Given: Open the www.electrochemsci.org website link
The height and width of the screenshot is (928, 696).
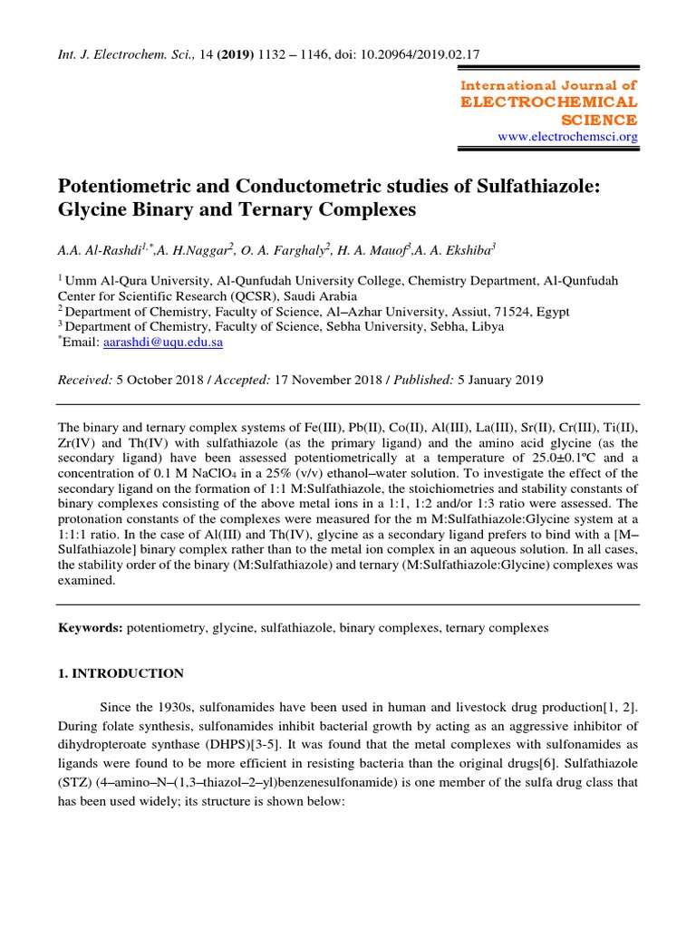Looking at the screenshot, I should pyautogui.click(x=568, y=137).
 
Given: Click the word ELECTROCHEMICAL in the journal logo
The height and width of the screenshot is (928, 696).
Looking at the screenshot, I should pyautogui.click(x=549, y=101).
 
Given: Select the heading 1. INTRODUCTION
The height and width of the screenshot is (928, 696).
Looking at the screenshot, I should pyautogui.click(x=121, y=673).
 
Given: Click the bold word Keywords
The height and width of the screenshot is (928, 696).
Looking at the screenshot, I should pyautogui.click(x=89, y=627).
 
